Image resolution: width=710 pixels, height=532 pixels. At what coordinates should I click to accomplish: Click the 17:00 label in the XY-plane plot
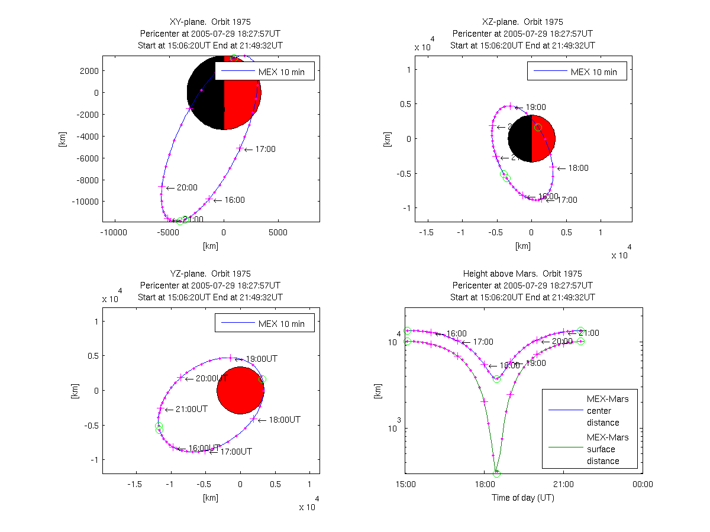[265, 149]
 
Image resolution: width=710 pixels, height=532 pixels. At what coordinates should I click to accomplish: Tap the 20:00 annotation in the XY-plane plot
[187, 187]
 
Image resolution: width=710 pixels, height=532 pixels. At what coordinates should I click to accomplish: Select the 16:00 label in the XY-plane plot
[234, 200]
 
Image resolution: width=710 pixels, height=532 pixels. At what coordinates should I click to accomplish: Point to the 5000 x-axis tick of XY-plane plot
[278, 232]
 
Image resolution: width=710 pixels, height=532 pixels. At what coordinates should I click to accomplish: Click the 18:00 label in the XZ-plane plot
[578, 168]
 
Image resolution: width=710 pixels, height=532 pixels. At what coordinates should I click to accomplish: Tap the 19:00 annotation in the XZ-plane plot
[535, 107]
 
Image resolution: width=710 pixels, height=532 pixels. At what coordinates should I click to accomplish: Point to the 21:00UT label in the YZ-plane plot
[191, 409]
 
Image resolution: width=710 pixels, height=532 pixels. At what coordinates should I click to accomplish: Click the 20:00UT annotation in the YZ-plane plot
[211, 378]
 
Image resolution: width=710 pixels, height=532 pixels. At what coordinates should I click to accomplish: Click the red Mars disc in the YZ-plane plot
[240, 390]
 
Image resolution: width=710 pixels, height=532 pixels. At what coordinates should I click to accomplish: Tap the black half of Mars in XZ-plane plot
[520, 138]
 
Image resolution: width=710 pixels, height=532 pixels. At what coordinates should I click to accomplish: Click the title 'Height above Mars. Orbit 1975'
[522, 274]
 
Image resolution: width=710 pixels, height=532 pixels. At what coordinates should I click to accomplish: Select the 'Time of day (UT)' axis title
[523, 498]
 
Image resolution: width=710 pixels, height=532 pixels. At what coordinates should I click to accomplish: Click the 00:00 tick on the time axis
[643, 485]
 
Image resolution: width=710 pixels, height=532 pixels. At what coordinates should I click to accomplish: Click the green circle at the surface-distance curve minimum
[496, 473]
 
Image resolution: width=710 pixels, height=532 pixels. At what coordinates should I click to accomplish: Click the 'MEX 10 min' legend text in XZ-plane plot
[593, 72]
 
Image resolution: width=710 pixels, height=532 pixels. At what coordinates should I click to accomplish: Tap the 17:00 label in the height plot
[483, 342]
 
